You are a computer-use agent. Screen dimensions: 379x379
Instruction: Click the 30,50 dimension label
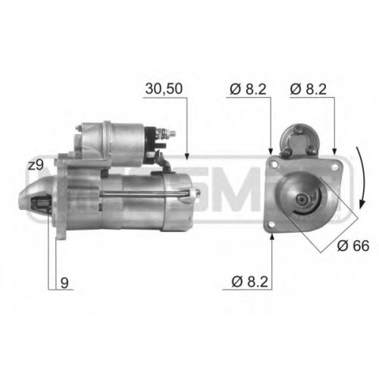[164, 89]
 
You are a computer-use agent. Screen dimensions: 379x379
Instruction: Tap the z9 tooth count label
[36, 165]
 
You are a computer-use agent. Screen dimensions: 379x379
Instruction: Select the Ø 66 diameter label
[353, 246]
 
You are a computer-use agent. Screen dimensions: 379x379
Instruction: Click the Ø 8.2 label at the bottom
[249, 282]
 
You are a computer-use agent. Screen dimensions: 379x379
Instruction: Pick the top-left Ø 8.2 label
[248, 89]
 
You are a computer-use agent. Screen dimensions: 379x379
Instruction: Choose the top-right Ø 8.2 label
[308, 89]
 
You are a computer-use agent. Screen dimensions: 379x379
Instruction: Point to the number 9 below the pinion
[64, 283]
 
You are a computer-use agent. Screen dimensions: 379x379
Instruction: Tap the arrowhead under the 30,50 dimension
[186, 156]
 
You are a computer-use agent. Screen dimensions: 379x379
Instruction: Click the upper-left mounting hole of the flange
[274, 164]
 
